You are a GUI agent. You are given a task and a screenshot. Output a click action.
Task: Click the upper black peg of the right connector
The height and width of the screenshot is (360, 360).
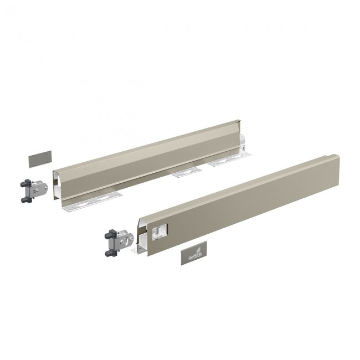click(109, 233)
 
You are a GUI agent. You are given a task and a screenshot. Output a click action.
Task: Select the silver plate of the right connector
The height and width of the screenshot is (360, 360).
click(125, 239)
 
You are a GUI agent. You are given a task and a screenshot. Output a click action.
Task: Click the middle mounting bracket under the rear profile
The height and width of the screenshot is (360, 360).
click(185, 173)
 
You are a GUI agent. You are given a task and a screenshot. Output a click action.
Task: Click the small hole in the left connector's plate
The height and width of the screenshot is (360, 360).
click(37, 190)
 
